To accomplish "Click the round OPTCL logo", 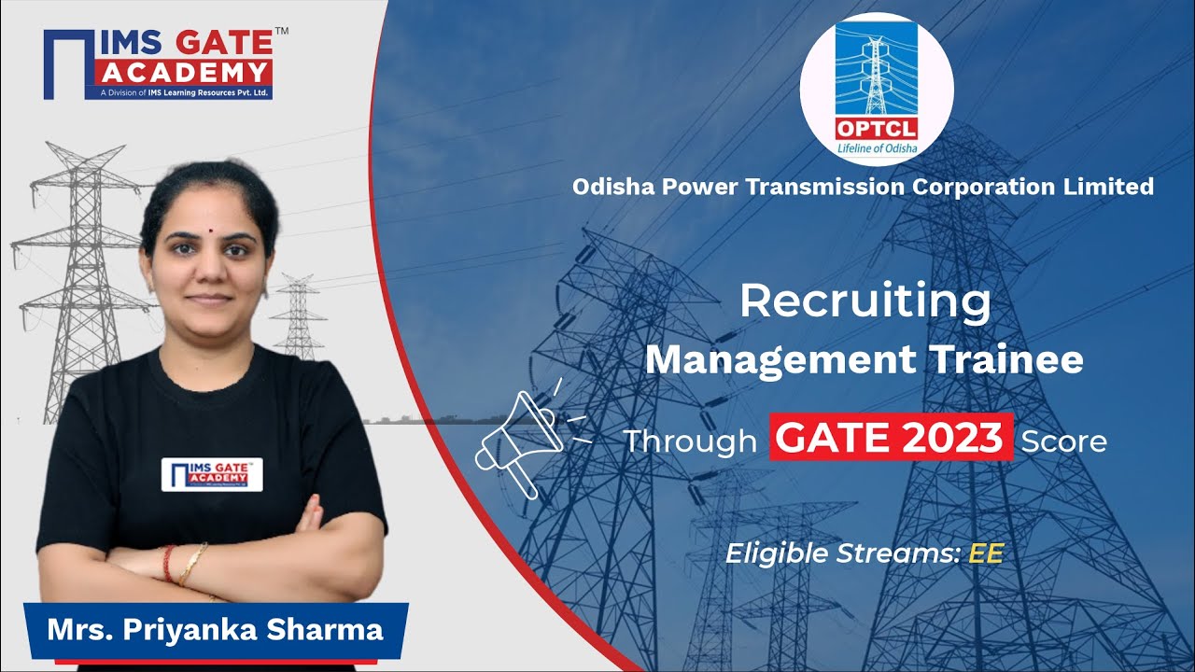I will click(877, 89).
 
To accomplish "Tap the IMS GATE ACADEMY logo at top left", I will click(158, 63).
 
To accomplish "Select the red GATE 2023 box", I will click(891, 437).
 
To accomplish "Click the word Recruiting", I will click(865, 301).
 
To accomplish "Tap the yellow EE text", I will click(985, 553).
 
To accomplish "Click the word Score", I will click(1063, 441).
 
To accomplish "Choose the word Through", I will click(689, 441).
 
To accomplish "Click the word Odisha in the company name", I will click(612, 187).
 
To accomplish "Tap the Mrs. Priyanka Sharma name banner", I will click(216, 630).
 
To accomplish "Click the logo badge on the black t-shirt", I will click(212, 474).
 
